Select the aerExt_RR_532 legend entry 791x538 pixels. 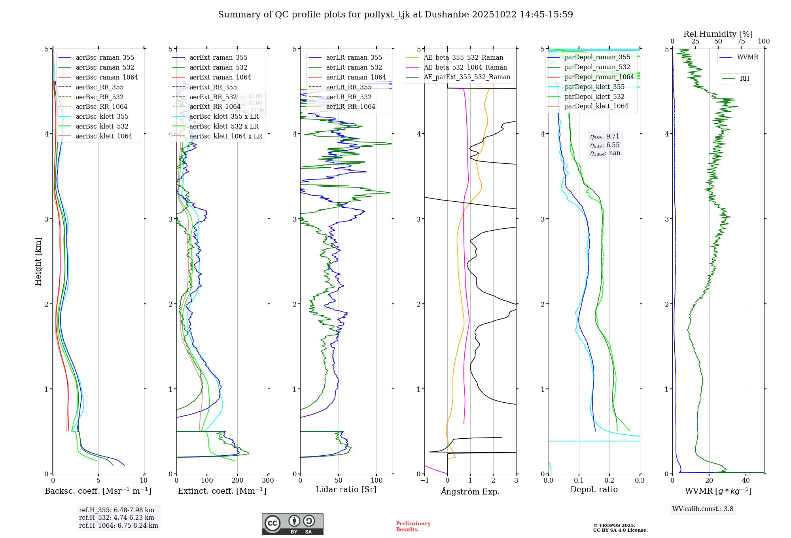click(213, 97)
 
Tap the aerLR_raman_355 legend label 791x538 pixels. click(354, 58)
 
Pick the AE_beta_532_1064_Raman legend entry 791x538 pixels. click(465, 67)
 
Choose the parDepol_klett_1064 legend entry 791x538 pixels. click(596, 106)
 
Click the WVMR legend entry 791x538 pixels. click(747, 57)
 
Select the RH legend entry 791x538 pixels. click(744, 79)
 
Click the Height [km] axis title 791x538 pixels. click(38, 261)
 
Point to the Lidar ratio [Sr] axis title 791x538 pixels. click(346, 489)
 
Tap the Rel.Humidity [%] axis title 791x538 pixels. click(718, 34)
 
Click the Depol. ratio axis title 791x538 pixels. click(594, 489)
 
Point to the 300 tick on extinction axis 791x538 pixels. click(268, 481)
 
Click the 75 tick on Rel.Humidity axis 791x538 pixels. click(741, 42)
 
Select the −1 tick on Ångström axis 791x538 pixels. click(424, 481)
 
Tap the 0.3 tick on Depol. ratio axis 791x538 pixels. click(640, 481)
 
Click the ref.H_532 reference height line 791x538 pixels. click(117, 517)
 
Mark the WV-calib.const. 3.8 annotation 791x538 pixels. click(703, 509)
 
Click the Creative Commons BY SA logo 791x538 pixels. click(292, 524)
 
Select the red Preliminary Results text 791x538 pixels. click(413, 527)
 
